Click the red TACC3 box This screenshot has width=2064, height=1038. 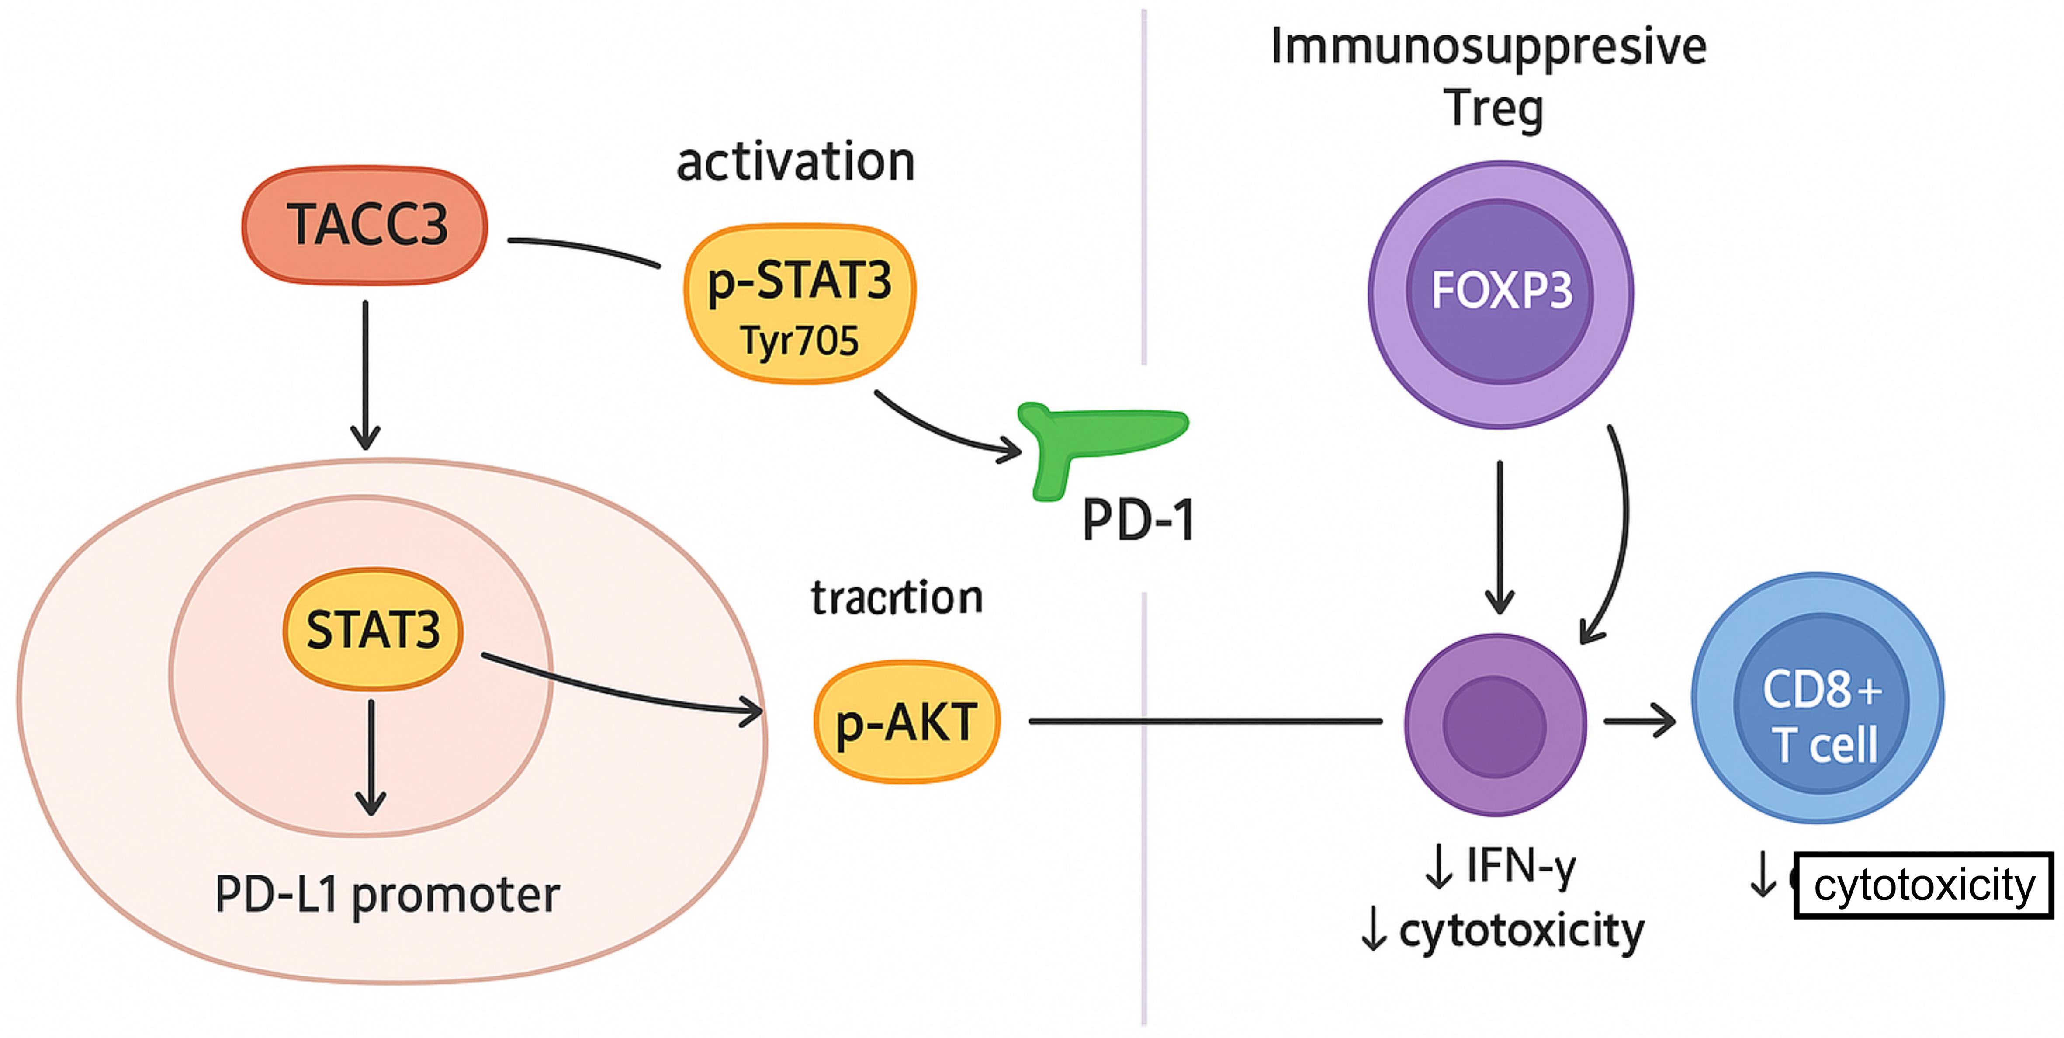365,225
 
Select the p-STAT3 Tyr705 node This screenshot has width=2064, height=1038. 799,305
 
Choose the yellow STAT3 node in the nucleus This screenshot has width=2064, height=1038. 374,629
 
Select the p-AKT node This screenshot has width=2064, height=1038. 906,722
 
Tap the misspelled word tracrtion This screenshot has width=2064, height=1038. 897,598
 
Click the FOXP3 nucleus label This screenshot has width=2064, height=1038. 1501,290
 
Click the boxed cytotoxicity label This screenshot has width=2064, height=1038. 1923,885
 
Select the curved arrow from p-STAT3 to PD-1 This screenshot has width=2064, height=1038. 945,429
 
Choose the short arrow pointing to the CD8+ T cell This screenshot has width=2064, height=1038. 1638,722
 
